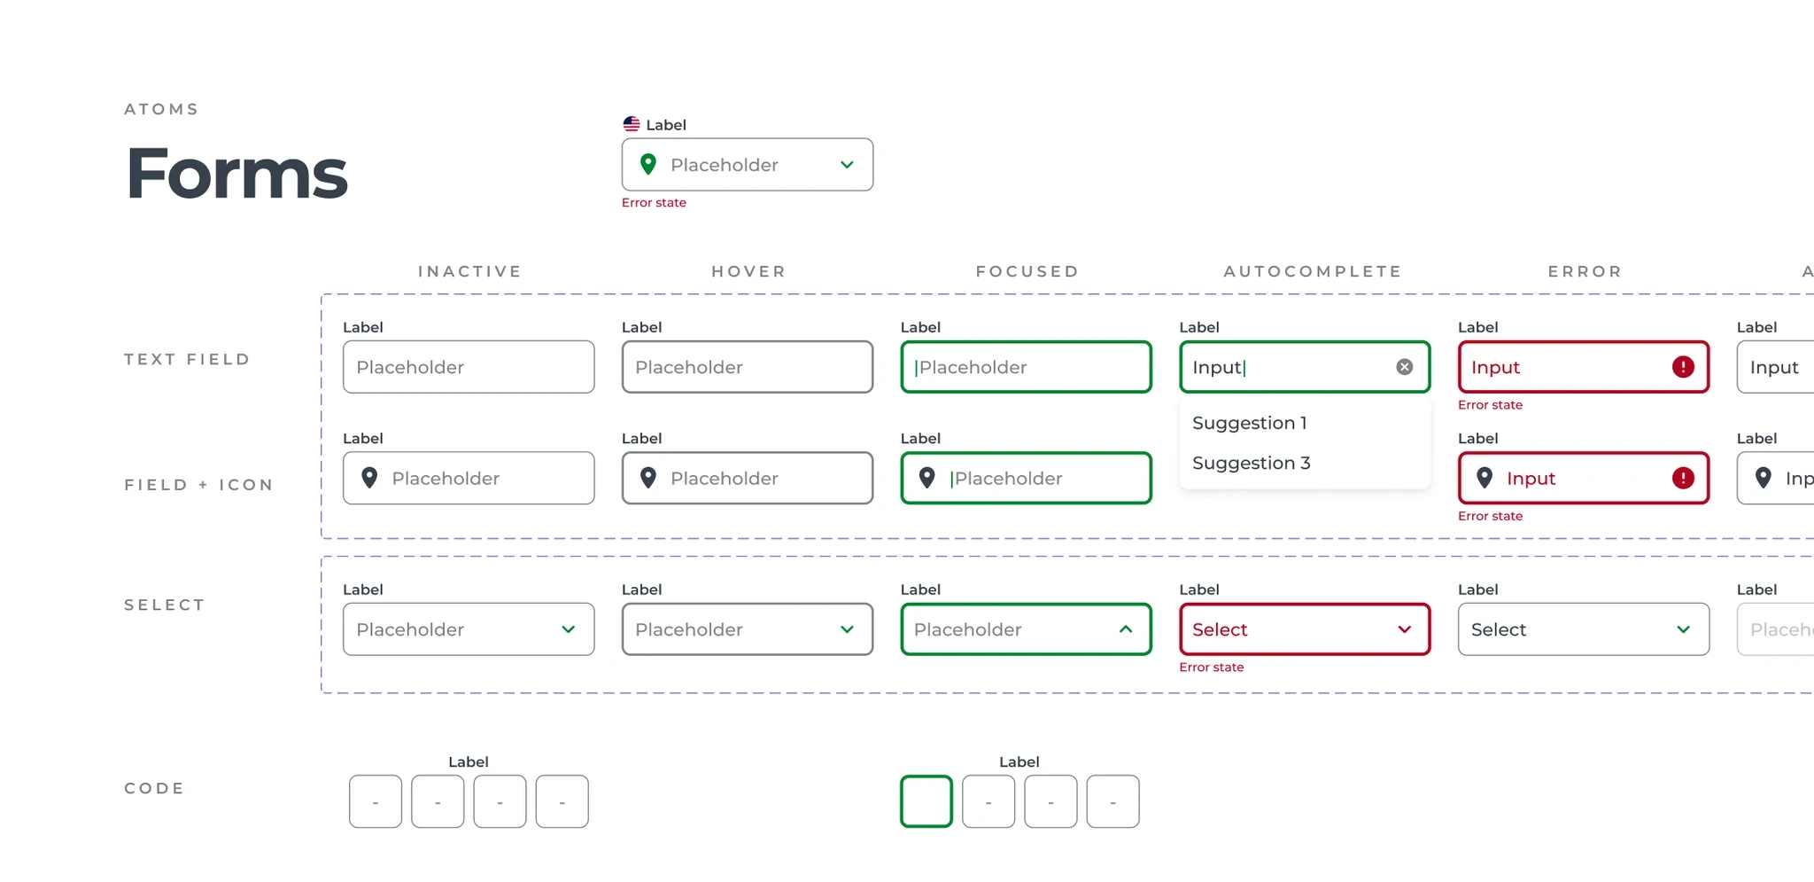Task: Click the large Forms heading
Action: [237, 173]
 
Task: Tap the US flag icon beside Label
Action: [632, 124]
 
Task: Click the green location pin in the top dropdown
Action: [648, 164]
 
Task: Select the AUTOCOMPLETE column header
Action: [1313, 271]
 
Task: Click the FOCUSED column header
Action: [1027, 271]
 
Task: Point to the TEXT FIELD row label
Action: [187, 359]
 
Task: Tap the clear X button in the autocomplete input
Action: [1405, 367]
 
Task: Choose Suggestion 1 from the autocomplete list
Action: [1250, 423]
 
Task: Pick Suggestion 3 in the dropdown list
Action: [1252, 463]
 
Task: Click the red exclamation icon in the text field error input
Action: [1683, 367]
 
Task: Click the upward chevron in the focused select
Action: [1126, 629]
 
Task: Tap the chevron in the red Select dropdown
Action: [1405, 629]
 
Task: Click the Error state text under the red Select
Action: [1212, 667]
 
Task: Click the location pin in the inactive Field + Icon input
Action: [370, 478]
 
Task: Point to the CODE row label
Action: [154, 788]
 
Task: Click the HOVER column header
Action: [748, 271]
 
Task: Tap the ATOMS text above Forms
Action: [161, 109]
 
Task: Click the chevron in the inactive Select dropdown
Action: [569, 629]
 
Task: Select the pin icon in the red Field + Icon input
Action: [1485, 478]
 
